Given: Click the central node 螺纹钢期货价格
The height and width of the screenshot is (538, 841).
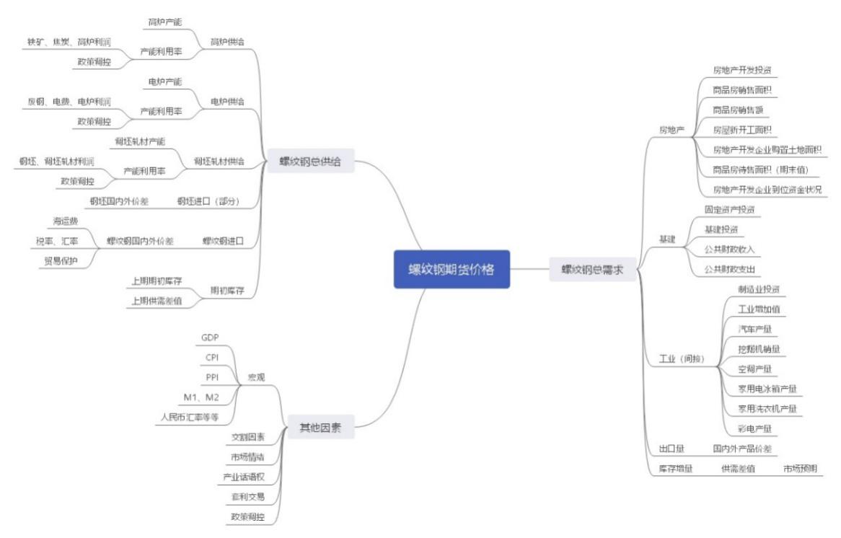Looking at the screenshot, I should coord(452,269).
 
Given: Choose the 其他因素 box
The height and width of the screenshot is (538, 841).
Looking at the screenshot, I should coord(321,428).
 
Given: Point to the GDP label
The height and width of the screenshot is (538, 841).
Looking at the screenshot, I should coord(210,338).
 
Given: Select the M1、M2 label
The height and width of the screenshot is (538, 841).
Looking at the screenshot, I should coord(201,397).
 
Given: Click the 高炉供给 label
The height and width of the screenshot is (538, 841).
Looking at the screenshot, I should coord(227,42).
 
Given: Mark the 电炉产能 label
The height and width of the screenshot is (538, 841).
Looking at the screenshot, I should coord(165,81).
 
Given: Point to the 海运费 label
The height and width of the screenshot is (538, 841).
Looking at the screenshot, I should coord(66,221).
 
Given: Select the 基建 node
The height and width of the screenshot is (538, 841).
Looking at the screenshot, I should coord(668,239).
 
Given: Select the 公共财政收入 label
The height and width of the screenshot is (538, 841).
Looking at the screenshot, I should coord(729,249).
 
